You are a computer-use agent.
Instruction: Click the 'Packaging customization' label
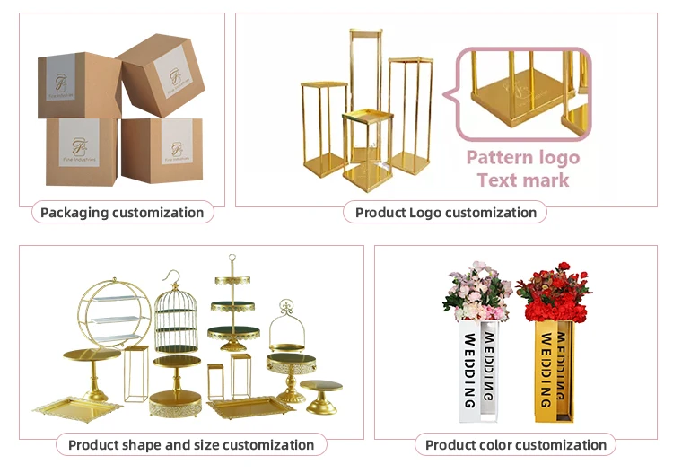click(122, 213)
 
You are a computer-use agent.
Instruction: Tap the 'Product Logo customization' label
click(445, 213)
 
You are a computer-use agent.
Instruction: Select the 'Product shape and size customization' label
click(191, 444)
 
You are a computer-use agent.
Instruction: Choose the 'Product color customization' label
click(515, 444)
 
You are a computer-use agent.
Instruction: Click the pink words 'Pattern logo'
click(522, 158)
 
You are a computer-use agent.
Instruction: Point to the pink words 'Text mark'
click(523, 180)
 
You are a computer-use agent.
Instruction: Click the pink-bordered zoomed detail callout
click(522, 94)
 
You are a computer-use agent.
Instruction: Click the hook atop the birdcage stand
click(177, 275)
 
